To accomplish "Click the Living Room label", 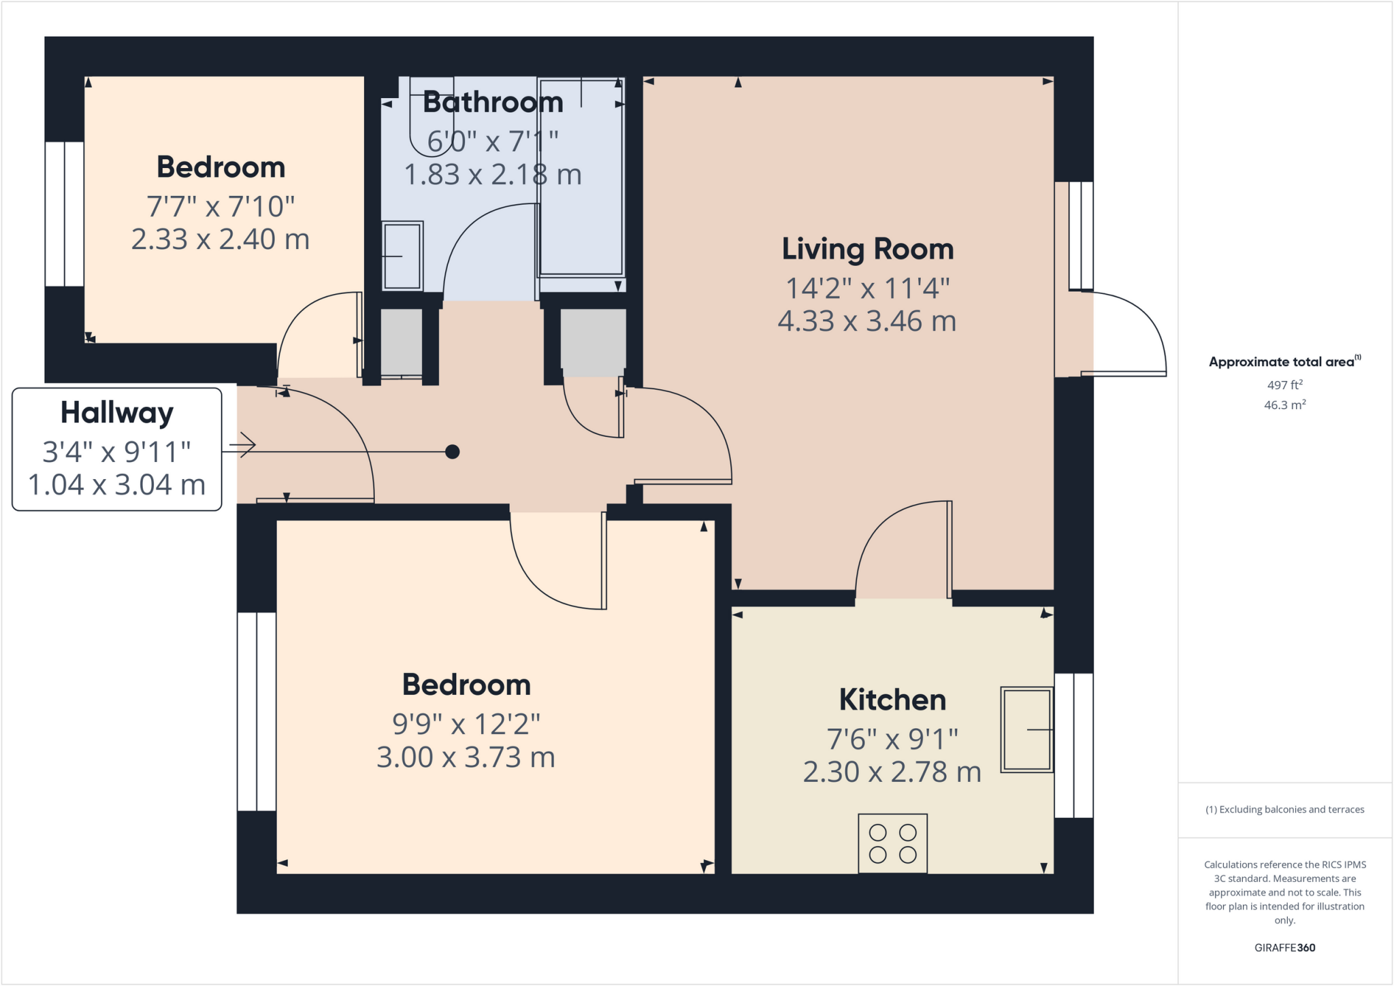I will point(867,249).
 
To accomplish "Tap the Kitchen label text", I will point(892,700).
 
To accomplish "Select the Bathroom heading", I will point(493,102).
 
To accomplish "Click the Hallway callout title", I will point(117,412).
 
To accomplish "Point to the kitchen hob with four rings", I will point(892,843).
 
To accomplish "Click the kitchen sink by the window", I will point(1026,729).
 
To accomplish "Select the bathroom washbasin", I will point(402,256).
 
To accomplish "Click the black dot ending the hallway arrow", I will point(453,451).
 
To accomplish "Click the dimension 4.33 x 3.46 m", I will point(867,321).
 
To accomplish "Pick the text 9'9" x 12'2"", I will point(466,724).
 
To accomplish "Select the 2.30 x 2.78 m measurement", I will point(892,772).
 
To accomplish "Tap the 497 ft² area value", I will point(1284,384).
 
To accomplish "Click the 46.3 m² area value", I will point(1284,405).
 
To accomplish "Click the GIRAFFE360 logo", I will point(1284,947).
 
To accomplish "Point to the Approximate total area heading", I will point(1284,361).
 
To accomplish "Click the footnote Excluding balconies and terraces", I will point(1284,809).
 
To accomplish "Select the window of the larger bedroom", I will point(257,711).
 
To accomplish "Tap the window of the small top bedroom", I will point(65,214).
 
